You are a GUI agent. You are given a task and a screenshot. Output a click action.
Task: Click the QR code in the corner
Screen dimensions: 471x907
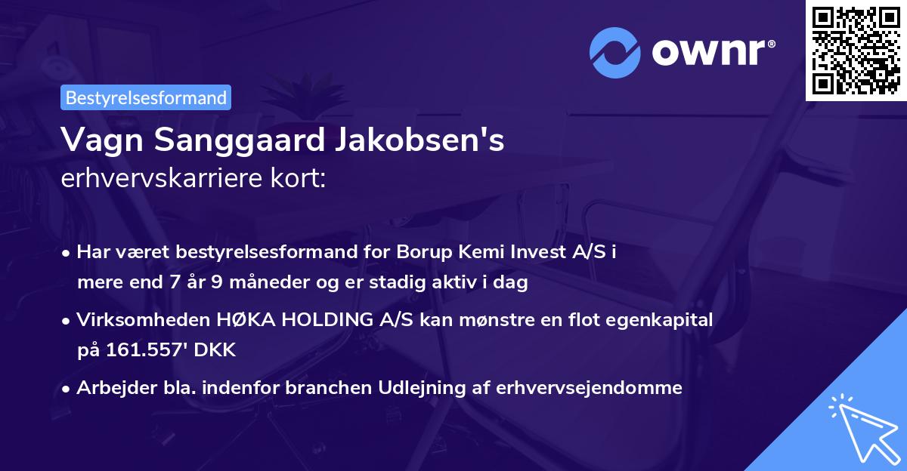(x=855, y=50)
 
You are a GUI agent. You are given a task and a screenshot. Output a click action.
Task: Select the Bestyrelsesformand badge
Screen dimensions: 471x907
(x=146, y=97)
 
